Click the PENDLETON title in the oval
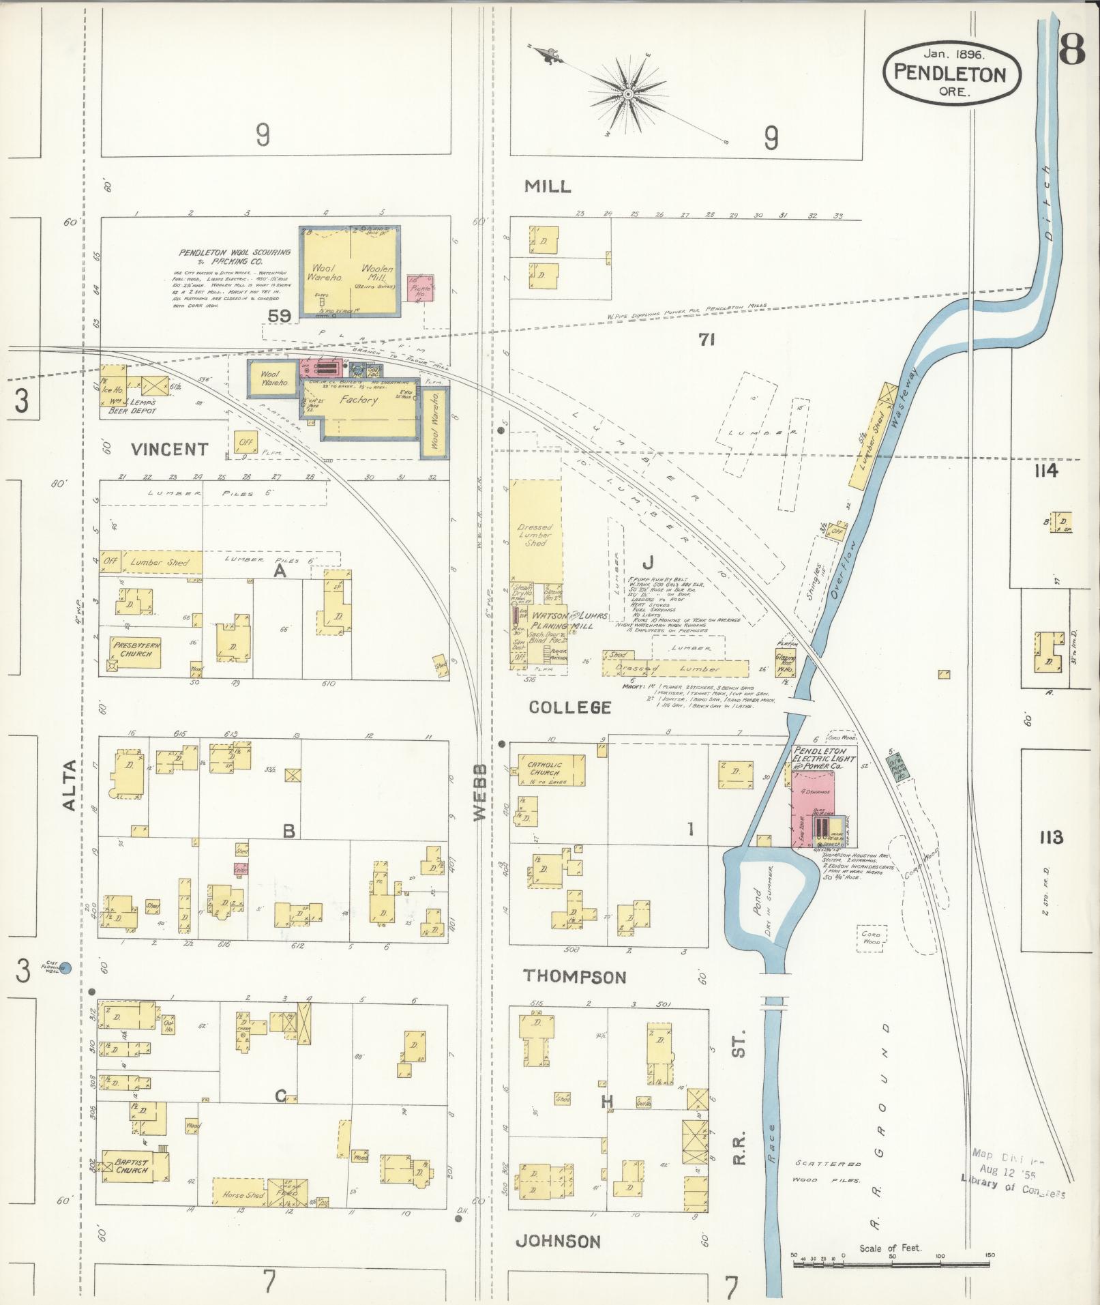951,73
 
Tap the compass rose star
627,92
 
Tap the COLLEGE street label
570,707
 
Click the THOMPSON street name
574,976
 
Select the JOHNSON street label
558,1242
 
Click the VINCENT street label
169,449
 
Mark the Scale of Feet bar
891,1263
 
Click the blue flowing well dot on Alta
65,967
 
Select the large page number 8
1073,50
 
